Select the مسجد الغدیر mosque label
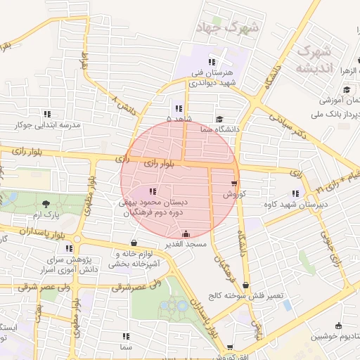pos(185,244)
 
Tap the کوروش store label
pos(233,193)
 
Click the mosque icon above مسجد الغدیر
pos(185,234)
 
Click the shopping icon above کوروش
pos(233,184)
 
